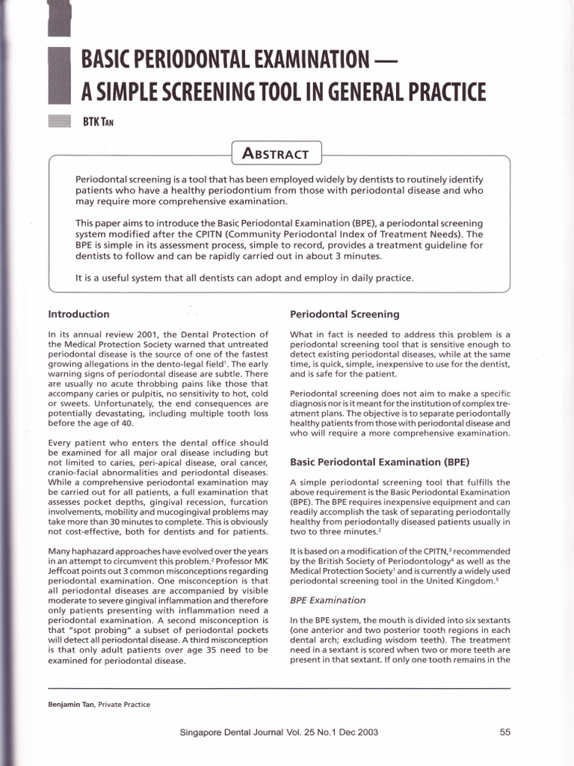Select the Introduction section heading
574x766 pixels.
(78, 314)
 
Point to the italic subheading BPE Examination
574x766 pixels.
(327, 600)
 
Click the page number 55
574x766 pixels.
(504, 733)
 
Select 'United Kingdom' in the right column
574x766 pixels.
(451, 580)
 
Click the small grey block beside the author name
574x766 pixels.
(59, 122)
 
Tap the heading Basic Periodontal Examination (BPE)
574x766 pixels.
(380, 462)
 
